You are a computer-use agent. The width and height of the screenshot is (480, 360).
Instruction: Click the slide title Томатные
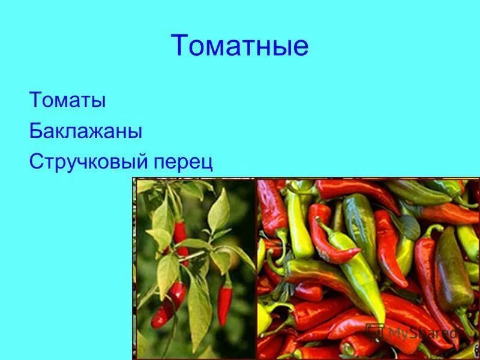coord(239,46)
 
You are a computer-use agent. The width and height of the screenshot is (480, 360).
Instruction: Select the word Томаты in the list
coord(67,100)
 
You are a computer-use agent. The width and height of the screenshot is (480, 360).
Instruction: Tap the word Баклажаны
coord(85,131)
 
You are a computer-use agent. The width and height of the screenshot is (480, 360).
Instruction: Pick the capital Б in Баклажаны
coord(35,131)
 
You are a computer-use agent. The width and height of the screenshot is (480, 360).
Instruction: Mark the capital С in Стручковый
coord(35,163)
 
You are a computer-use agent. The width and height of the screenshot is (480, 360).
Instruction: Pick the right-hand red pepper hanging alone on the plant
coord(224,303)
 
